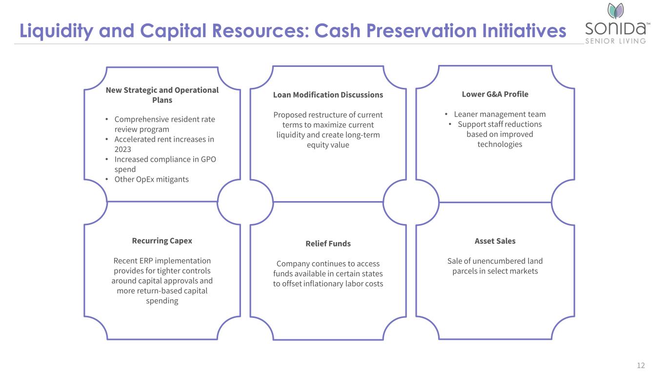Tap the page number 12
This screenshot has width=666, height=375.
tap(641, 365)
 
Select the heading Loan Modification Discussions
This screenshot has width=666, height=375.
tap(328, 95)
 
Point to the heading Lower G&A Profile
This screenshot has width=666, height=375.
tap(495, 94)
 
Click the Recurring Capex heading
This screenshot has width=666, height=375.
tap(162, 241)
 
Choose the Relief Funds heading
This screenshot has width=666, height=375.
tap(328, 243)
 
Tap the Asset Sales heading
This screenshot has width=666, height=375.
tap(495, 241)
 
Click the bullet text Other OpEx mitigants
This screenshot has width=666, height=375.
tap(151, 179)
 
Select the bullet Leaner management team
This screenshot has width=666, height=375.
tap(500, 114)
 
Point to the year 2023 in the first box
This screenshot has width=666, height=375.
tap(122, 149)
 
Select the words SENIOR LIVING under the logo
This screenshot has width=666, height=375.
tap(615, 41)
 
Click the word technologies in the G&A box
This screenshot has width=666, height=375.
tap(500, 145)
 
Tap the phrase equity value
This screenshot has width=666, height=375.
tap(328, 145)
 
